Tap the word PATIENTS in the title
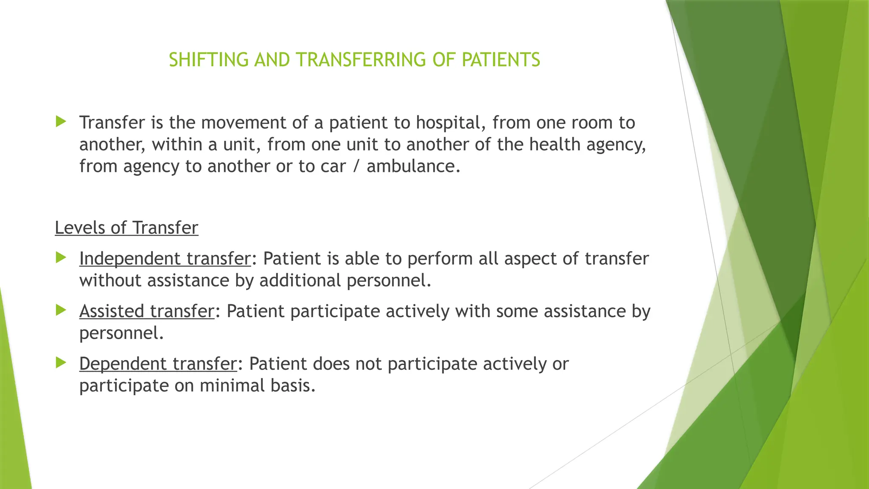501,60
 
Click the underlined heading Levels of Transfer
126,228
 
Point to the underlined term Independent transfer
165,259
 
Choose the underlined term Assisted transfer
146,311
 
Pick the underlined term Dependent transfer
158,364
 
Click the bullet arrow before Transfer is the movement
61,122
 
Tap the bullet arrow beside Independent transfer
61,257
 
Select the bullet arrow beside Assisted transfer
61,310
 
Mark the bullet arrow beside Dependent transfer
61,363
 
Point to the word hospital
451,123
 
